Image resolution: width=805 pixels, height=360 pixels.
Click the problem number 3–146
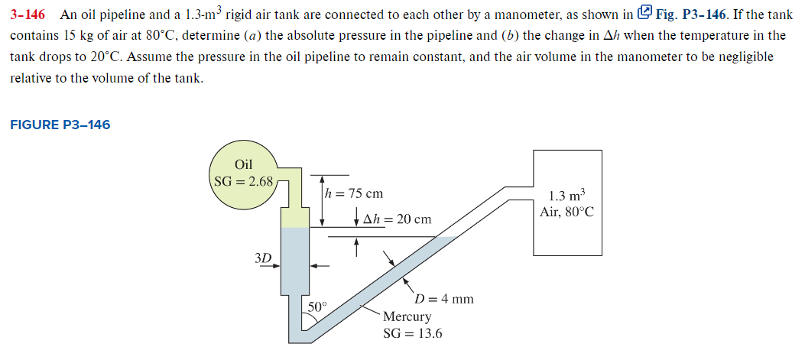tap(30, 14)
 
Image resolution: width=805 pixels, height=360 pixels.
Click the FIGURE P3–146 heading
tap(60, 125)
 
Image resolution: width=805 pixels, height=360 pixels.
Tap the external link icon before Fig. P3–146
tap(644, 12)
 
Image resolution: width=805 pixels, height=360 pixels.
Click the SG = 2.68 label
tap(242, 182)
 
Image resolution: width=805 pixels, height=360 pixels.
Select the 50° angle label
tap(316, 306)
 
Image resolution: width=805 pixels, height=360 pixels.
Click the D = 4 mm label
tap(443, 299)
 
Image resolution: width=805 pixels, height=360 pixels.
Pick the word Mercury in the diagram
tap(407, 316)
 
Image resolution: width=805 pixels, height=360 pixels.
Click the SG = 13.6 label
tap(412, 334)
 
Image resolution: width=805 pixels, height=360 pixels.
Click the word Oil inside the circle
tap(244, 164)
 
